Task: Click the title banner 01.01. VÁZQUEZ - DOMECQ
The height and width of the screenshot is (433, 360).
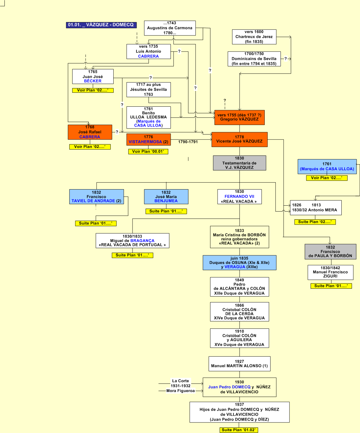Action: tap(101, 25)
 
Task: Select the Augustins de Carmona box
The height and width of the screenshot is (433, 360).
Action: tap(170, 28)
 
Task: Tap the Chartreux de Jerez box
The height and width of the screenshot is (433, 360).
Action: tap(254, 37)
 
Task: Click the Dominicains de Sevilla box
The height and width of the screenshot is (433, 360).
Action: tap(254, 59)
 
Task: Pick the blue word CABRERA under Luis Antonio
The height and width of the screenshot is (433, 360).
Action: tap(148, 56)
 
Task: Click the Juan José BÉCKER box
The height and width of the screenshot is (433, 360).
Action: tap(92, 76)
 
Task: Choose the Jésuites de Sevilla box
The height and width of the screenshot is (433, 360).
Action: tap(148, 89)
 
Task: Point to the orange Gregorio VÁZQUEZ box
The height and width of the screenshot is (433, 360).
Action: tap(239, 117)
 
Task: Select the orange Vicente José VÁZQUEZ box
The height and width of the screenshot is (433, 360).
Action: tap(239, 139)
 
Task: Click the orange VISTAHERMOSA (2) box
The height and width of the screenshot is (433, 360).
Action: tap(148, 139)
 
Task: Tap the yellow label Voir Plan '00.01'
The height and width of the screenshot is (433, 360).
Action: tap(148, 151)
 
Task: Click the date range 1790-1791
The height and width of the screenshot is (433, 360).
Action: tap(188, 142)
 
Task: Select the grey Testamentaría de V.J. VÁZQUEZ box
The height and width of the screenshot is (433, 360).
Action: tap(239, 163)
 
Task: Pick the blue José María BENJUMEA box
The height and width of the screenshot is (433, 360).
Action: tap(166, 197)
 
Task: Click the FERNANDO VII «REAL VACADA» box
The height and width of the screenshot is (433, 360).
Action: tap(239, 197)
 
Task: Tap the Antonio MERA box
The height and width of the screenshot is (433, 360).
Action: tap(315, 208)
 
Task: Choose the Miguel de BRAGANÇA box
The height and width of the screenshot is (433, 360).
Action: tap(132, 241)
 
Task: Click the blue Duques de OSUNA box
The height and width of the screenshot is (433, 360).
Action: tap(239, 262)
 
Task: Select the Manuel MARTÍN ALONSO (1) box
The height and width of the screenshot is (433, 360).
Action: tap(239, 364)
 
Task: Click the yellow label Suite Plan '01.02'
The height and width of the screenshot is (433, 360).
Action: tap(239, 430)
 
